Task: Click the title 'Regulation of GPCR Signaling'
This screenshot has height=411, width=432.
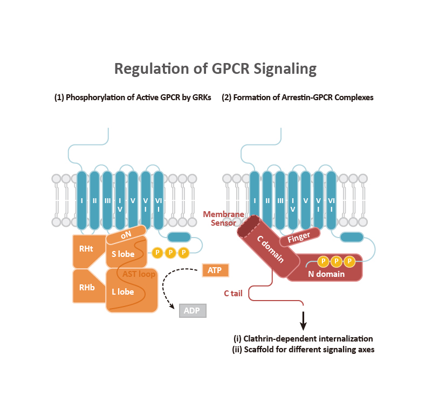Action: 215,69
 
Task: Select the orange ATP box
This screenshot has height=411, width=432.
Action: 215,270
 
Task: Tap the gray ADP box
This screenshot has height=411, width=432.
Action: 193,311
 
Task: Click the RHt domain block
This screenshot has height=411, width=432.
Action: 86,249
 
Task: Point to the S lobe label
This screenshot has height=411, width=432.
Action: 122,254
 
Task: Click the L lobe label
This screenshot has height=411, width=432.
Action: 122,292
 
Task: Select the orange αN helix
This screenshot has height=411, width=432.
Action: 126,234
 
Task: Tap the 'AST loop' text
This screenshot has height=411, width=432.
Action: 139,274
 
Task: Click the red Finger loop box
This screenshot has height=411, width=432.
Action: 299,237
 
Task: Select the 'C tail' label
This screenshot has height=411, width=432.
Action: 234,294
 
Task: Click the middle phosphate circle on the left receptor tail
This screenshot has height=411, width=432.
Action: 170,252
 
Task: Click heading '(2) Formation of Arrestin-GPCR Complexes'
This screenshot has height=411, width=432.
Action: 297,97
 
